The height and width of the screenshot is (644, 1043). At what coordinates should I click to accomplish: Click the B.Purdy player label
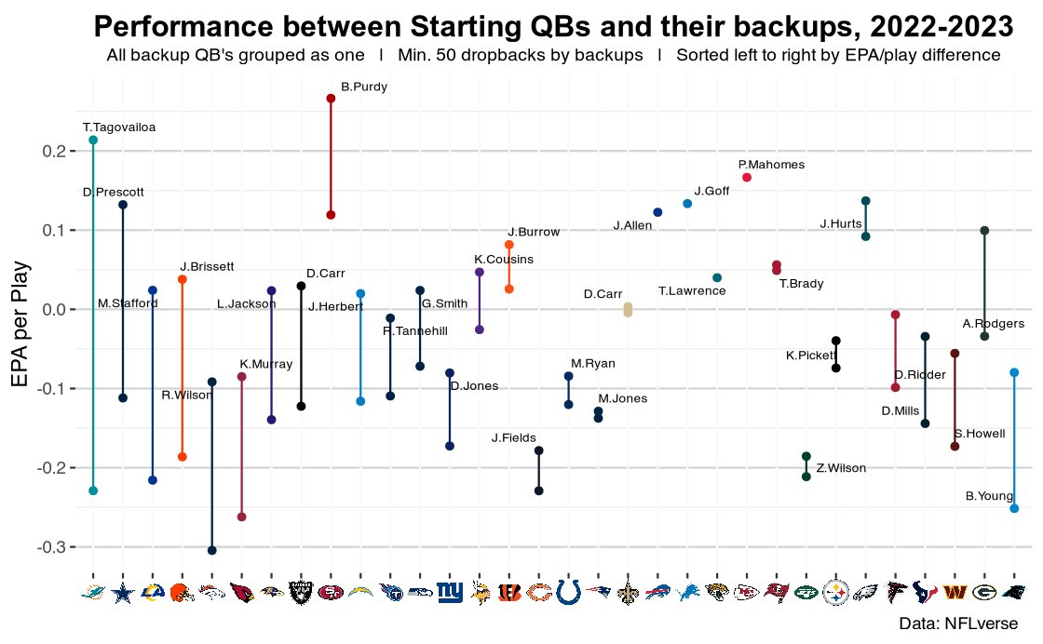[x=364, y=87]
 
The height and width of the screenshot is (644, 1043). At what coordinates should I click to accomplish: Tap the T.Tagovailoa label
[x=118, y=127]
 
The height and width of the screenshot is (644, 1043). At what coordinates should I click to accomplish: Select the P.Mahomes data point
[x=747, y=178]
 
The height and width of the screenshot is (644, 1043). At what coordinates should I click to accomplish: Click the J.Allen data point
[x=657, y=212]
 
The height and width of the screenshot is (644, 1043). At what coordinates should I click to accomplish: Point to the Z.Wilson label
[x=840, y=468]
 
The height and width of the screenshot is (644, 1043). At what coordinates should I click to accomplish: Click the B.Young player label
[x=989, y=496]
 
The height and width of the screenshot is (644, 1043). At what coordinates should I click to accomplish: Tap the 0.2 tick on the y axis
[x=60, y=151]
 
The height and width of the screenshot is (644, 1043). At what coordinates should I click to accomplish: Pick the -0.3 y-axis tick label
[x=57, y=547]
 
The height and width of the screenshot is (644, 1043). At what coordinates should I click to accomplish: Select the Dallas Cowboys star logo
[x=123, y=592]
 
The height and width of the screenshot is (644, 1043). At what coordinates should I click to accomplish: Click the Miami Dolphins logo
[x=93, y=592]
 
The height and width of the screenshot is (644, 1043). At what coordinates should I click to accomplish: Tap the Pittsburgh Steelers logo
[x=836, y=592]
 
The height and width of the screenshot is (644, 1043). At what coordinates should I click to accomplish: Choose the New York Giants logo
[x=450, y=592]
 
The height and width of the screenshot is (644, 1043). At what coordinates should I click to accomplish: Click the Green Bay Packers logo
[x=984, y=592]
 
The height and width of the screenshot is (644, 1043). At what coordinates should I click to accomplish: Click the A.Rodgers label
[x=993, y=324]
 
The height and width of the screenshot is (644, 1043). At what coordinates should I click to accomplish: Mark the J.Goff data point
[x=687, y=203]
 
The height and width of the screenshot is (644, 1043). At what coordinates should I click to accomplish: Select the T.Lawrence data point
[x=717, y=278]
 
